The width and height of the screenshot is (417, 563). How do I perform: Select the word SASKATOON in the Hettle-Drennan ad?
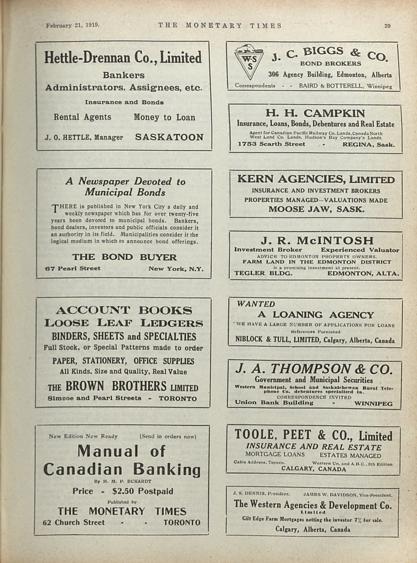tap(169, 137)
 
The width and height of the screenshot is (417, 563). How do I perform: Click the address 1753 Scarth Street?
tap(272, 144)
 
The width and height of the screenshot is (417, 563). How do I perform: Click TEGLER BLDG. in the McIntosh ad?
tap(264, 273)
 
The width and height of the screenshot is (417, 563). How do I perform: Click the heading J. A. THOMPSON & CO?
tap(314, 369)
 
